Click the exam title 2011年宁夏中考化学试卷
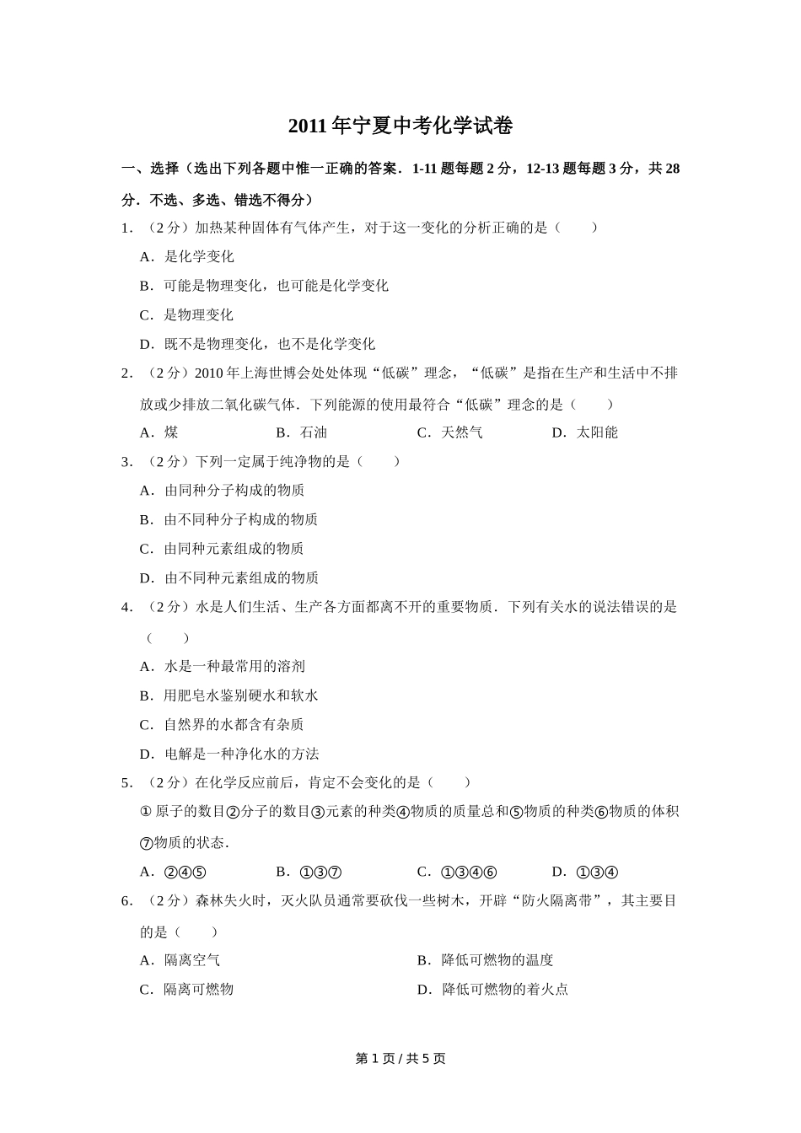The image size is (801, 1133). tap(400, 126)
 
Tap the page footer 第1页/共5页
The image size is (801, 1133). tap(400, 1058)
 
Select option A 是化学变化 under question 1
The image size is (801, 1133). tap(187, 256)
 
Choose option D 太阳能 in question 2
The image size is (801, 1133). tap(585, 432)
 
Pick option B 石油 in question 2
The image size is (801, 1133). tap(302, 432)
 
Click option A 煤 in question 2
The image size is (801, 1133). tap(159, 432)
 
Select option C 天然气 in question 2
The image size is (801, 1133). tap(450, 432)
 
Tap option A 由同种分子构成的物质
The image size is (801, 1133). tap(223, 491)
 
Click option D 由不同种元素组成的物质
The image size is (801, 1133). tap(229, 577)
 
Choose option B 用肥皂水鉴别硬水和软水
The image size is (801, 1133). tap(229, 695)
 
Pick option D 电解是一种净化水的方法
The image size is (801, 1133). tap(229, 754)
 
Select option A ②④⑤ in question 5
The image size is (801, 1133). tap(174, 873)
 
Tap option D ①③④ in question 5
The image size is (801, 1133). tap(586, 873)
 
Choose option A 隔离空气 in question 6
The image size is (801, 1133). tap(180, 960)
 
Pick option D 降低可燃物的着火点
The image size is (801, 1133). tap(493, 990)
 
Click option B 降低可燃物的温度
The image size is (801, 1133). tap(486, 960)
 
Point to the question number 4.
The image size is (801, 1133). tap(126, 607)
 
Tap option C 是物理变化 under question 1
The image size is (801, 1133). tap(187, 315)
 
